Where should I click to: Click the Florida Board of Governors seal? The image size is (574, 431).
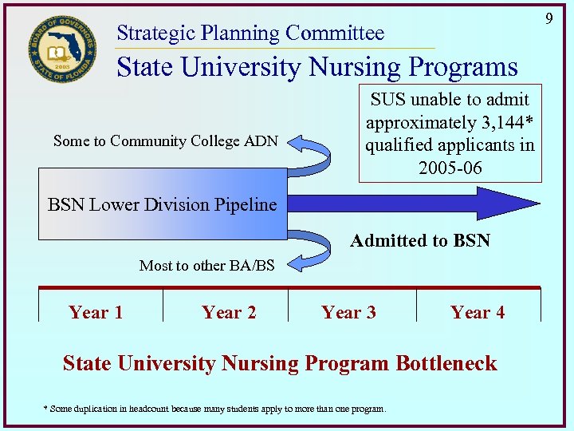click(x=61, y=49)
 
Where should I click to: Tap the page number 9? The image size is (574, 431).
click(x=548, y=17)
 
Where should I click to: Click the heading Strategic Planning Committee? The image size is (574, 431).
click(x=250, y=34)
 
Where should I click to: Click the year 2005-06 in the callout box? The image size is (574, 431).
click(x=450, y=168)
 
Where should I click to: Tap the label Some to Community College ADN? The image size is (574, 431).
click(x=165, y=141)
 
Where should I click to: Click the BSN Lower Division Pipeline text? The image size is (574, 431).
click(x=163, y=204)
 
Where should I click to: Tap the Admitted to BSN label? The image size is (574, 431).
click(x=420, y=241)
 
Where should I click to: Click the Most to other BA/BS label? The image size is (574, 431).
click(x=206, y=266)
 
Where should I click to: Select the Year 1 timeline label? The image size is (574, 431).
click(x=96, y=312)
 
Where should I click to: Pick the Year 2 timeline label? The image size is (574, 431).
click(x=229, y=312)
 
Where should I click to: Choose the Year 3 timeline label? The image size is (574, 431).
click(x=348, y=312)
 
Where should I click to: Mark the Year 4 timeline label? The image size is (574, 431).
click(x=478, y=312)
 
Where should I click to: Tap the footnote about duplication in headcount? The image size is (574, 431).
click(x=214, y=409)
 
